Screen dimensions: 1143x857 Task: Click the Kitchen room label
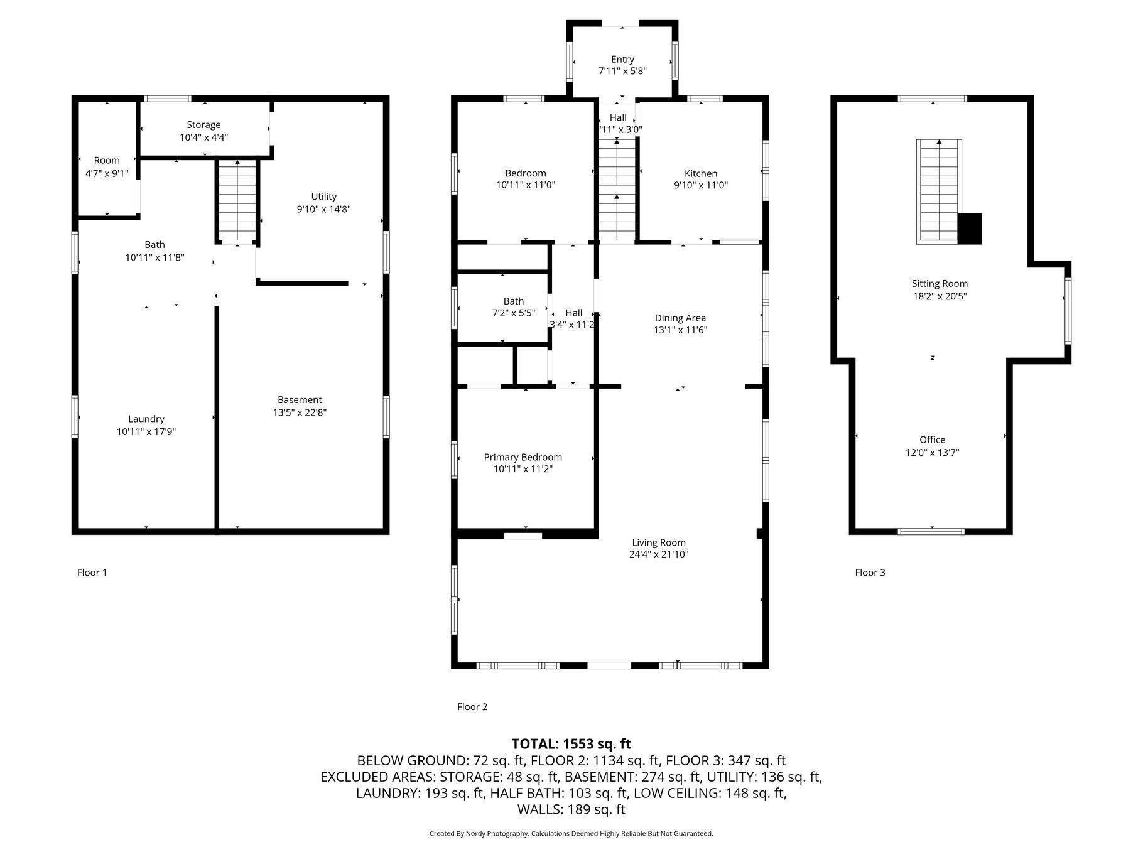click(700, 173)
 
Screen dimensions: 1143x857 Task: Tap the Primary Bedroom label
click(523, 457)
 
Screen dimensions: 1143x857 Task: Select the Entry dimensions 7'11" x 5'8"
click(622, 71)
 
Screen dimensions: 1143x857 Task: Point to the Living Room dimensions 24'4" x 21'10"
click(659, 554)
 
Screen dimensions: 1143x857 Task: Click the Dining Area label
click(680, 318)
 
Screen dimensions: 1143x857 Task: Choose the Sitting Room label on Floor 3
click(940, 284)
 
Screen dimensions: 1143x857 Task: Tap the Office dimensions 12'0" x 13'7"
click(932, 452)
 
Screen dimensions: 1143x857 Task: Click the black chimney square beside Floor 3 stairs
click(970, 229)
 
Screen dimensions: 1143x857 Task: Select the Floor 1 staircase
click(237, 202)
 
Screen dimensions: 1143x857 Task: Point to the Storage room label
click(203, 125)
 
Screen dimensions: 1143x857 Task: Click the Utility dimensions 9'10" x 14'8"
click(323, 209)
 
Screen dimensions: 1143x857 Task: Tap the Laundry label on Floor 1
click(146, 419)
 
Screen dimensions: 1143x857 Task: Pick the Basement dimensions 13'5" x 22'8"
click(300, 412)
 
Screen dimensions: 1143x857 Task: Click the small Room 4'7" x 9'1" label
click(107, 166)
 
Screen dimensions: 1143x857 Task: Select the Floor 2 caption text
click(472, 707)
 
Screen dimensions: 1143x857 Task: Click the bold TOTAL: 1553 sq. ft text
click(571, 744)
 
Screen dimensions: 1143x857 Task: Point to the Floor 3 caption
click(870, 573)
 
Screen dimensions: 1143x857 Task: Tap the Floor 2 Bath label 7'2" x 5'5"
click(513, 307)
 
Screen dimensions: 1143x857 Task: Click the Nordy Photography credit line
click(571, 834)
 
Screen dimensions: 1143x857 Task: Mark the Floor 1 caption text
click(92, 573)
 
